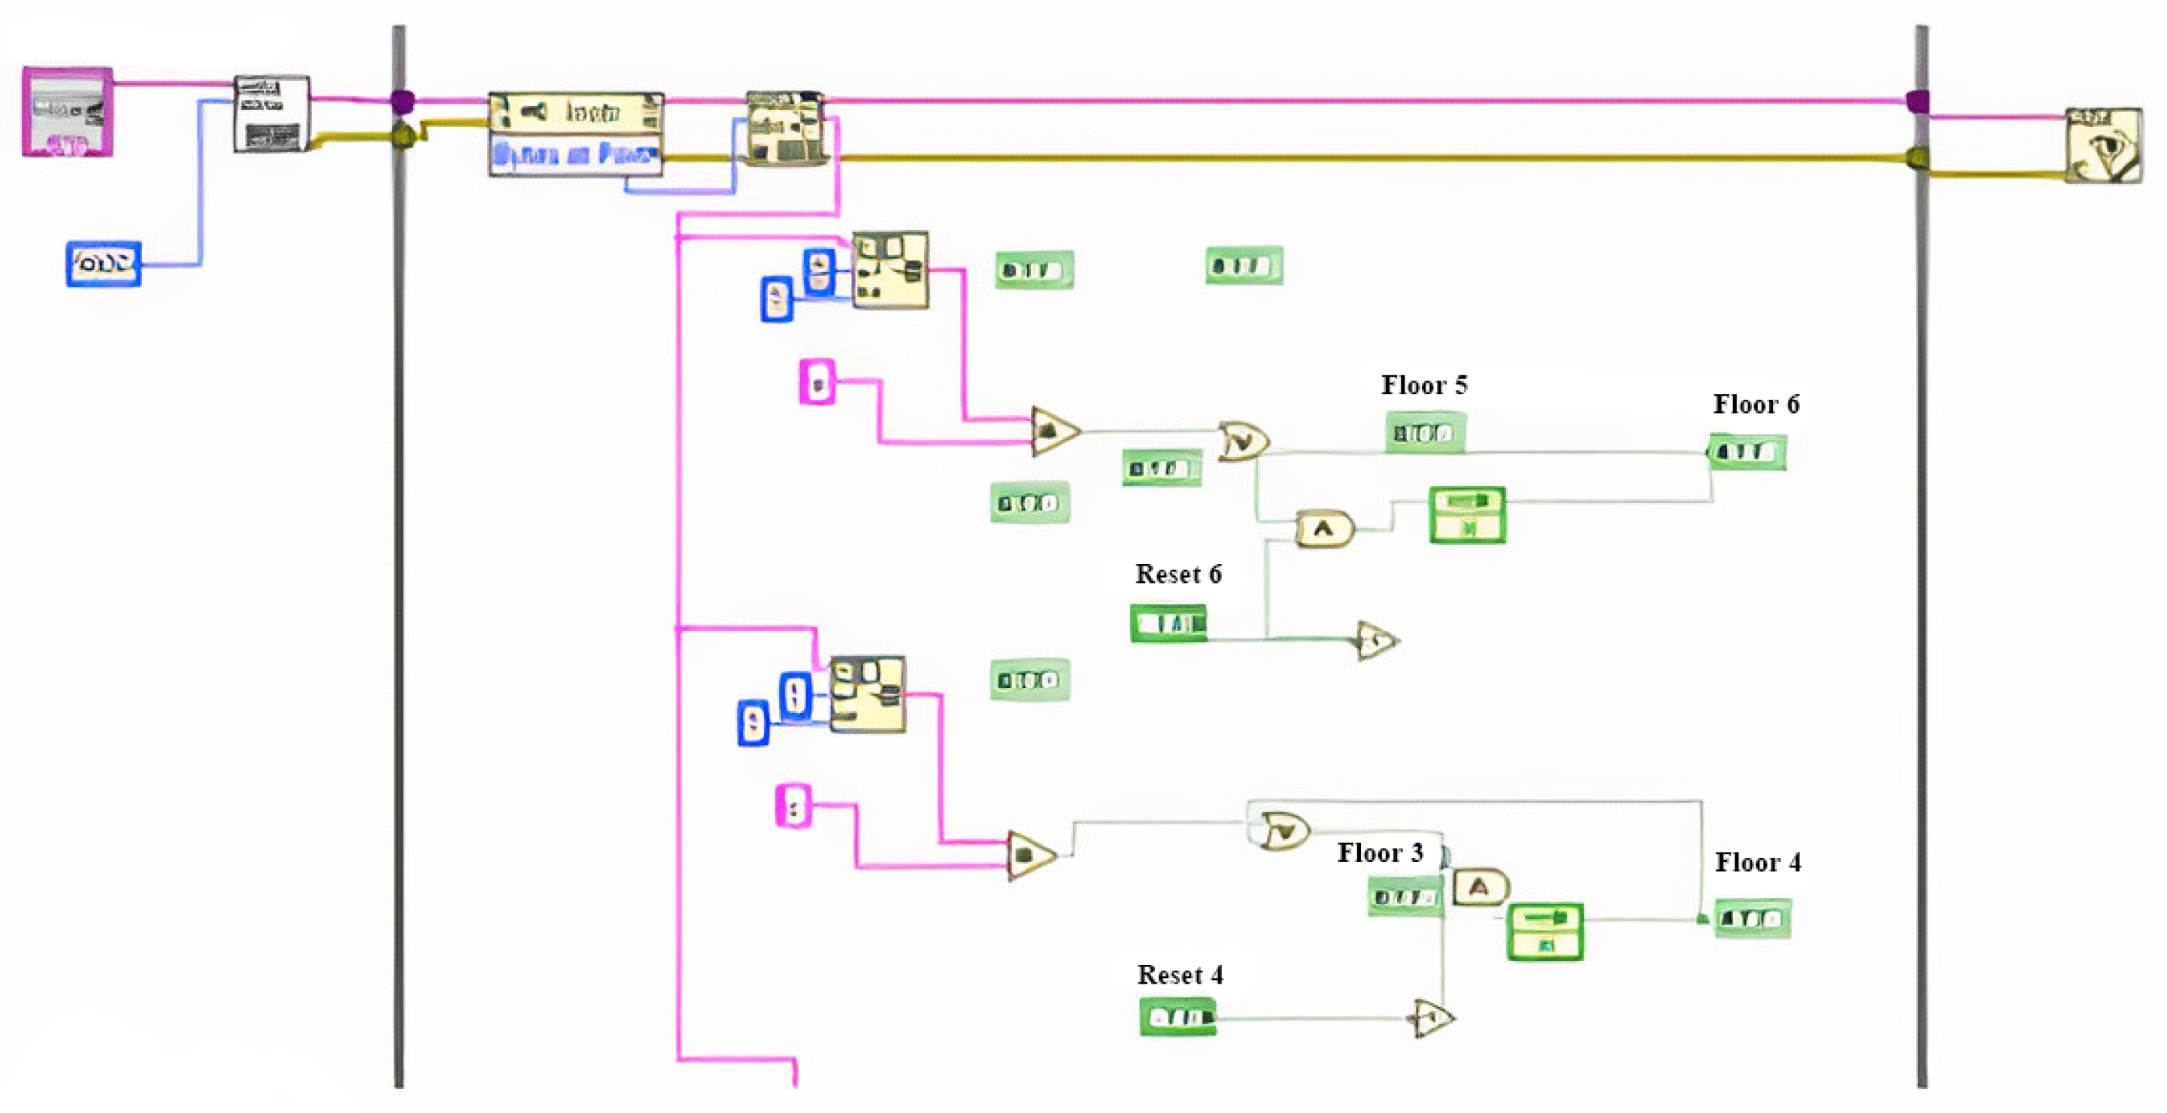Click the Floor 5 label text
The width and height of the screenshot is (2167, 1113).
[1423, 385]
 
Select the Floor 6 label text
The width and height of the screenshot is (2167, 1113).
[1756, 405]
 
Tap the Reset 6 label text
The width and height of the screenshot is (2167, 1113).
[1177, 575]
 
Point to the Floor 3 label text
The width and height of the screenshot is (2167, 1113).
[1380, 853]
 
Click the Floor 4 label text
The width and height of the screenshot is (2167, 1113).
[1757, 863]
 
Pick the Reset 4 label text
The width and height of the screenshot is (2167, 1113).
[1180, 975]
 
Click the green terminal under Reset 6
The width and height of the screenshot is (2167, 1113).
[1168, 623]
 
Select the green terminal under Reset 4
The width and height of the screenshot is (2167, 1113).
[1177, 1017]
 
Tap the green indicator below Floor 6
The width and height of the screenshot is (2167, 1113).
[1747, 453]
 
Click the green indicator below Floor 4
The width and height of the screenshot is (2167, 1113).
[1752, 919]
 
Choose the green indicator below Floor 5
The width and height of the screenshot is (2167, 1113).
[1424, 433]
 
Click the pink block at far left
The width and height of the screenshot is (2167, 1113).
[68, 112]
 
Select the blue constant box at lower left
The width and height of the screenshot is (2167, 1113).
[104, 264]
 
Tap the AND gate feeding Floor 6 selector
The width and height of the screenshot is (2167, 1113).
[1324, 529]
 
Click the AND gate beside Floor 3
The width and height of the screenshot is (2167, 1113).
[1480, 887]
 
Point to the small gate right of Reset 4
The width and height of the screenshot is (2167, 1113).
[1432, 1019]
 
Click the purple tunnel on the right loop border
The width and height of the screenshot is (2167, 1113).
[1917, 102]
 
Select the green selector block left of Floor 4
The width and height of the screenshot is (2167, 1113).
[1544, 932]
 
